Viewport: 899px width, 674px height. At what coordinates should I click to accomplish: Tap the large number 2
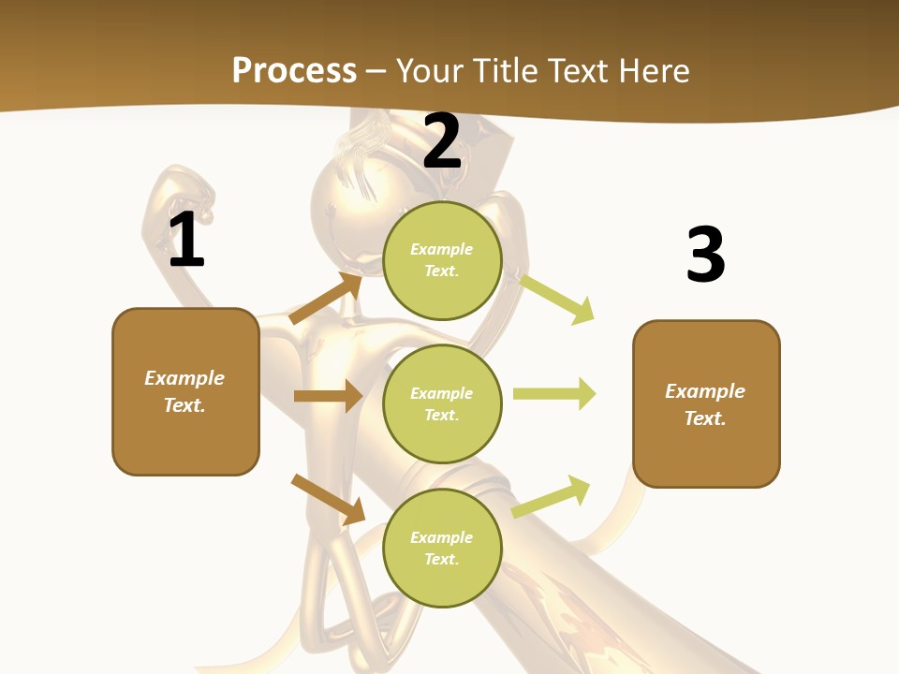tap(442, 142)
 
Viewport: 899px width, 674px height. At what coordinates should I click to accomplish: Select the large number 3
tap(705, 255)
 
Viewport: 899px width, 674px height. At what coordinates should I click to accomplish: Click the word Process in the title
tap(294, 70)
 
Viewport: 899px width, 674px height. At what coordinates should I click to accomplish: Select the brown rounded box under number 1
tap(185, 391)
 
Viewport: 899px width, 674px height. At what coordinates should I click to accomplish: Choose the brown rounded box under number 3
tap(706, 404)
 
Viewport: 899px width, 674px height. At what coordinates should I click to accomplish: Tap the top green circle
tap(442, 260)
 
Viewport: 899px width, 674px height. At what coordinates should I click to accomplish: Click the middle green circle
tap(442, 403)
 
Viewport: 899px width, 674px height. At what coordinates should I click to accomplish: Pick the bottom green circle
tap(442, 548)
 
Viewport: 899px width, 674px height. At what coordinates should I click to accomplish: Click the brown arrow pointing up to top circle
tap(326, 299)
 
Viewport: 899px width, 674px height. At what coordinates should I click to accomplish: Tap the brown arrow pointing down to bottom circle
tap(328, 499)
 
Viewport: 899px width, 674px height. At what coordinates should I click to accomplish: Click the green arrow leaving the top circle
tap(556, 298)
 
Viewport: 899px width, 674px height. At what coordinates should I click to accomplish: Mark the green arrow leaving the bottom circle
tap(551, 496)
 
